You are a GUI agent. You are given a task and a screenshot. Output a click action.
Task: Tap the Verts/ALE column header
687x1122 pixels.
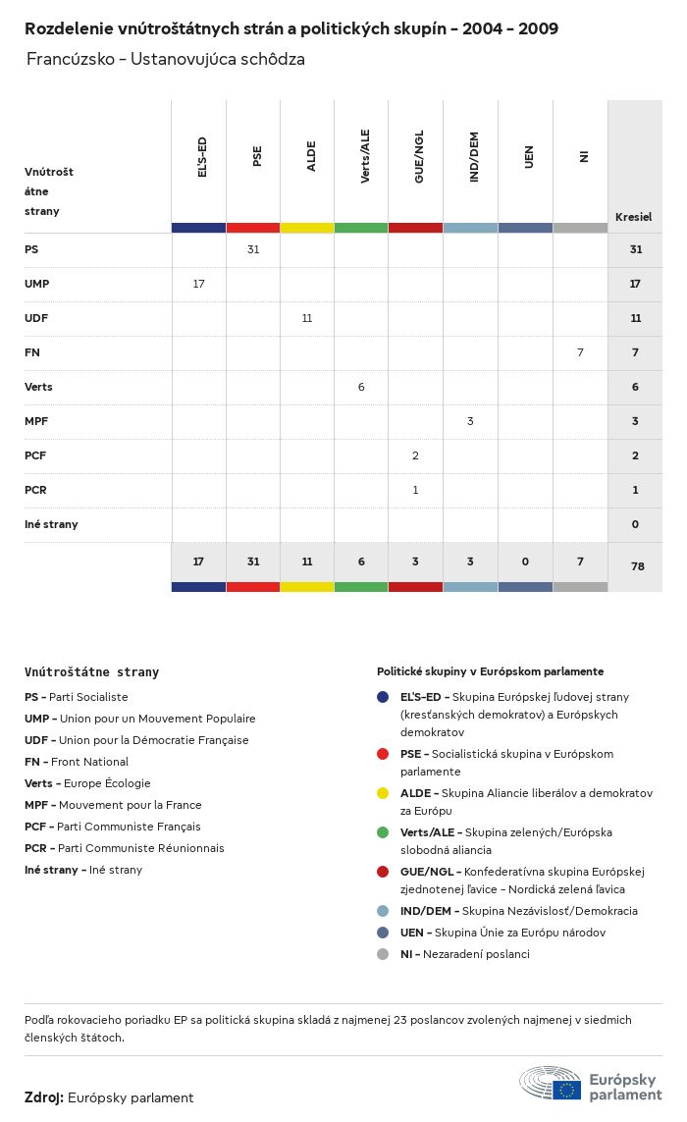[365, 157]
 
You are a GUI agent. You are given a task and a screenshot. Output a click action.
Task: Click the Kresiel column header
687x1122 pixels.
[633, 217]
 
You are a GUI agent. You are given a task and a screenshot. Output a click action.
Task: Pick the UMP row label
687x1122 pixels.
[37, 284]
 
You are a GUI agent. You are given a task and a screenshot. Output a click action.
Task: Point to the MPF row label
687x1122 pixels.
[36, 421]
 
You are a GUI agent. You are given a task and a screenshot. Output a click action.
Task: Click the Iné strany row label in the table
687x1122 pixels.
[51, 524]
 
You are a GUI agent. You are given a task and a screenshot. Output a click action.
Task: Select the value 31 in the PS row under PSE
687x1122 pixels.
[253, 249]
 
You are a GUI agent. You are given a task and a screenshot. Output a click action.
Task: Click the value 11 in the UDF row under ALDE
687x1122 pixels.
[307, 318]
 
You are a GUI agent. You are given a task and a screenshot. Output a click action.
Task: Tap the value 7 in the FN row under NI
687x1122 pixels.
[580, 352]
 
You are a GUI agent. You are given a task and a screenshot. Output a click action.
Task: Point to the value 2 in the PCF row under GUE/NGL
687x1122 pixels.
[415, 455]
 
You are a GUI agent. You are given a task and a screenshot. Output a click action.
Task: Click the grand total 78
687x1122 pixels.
[635, 566]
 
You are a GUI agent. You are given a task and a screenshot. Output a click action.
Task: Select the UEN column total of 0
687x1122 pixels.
[525, 561]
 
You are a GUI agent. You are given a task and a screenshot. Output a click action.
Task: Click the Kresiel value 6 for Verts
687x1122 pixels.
[635, 387]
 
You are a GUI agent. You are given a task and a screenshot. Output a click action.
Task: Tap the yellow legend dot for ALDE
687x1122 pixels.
[383, 793]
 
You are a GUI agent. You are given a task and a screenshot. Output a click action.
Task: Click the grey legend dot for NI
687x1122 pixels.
[383, 954]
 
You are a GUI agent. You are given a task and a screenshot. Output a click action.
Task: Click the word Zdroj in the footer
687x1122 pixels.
[43, 1097]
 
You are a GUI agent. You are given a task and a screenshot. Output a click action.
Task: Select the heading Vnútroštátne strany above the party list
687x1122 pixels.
[91, 672]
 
